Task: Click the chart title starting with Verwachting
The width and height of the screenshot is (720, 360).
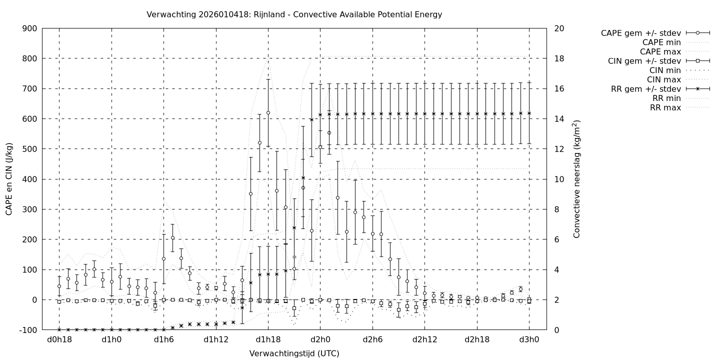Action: (294, 14)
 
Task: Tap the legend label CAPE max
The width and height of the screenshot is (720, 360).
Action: (661, 51)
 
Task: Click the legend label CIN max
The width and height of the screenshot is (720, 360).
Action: (664, 79)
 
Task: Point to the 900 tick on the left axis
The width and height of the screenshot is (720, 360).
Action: (29, 28)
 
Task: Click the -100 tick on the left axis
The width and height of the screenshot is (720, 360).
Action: (28, 330)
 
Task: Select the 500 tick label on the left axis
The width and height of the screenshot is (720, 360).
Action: (29, 149)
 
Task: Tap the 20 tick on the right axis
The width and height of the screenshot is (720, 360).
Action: (559, 28)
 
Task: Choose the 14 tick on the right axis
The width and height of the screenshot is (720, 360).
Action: (559, 119)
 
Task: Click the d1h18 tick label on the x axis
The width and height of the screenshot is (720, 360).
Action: (268, 340)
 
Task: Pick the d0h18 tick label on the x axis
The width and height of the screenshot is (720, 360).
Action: (59, 340)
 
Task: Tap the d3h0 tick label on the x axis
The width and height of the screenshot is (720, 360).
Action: (529, 340)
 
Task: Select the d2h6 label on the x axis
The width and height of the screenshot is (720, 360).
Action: (372, 340)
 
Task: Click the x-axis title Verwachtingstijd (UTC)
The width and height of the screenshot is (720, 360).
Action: (294, 353)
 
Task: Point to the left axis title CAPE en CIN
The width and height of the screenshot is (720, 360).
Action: (9, 179)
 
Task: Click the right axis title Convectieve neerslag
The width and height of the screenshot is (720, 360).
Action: (576, 179)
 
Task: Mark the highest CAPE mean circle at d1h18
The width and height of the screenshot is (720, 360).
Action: (268, 113)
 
